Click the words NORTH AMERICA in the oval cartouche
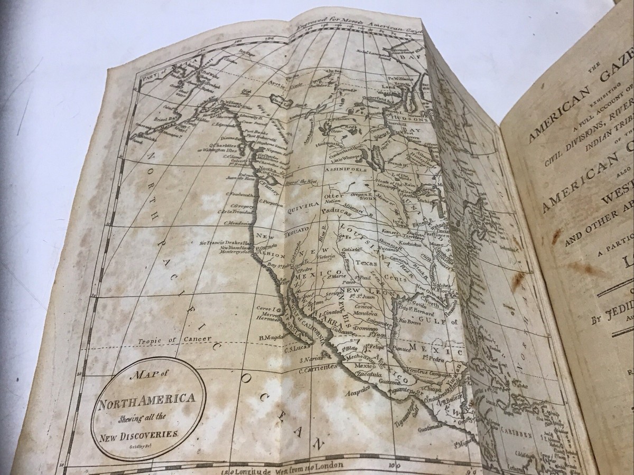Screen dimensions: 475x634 point(147,407)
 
